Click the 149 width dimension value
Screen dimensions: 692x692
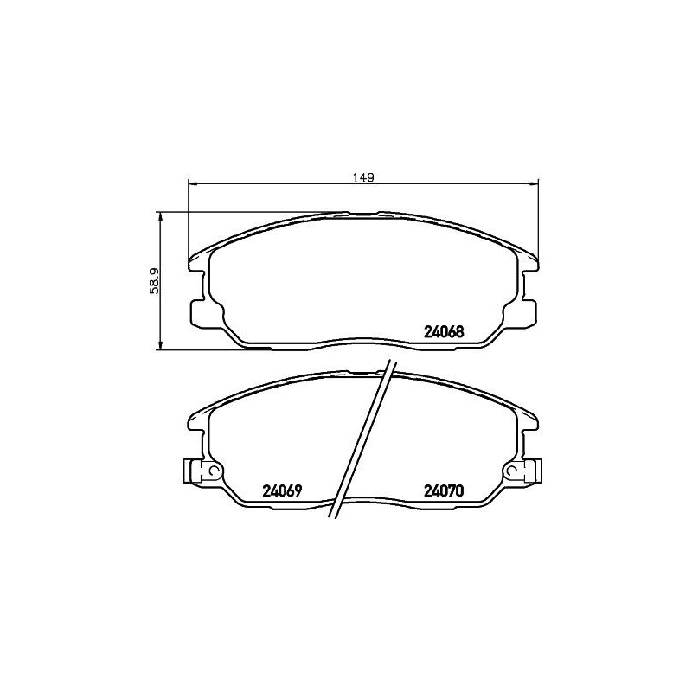[x=362, y=177]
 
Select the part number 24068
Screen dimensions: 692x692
[x=445, y=330]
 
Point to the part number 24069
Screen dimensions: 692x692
[x=280, y=490]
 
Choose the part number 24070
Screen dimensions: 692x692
[x=445, y=490]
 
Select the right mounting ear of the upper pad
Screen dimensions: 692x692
[x=528, y=310]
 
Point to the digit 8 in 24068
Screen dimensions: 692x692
[x=462, y=330]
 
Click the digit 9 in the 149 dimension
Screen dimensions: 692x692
[x=369, y=177]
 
